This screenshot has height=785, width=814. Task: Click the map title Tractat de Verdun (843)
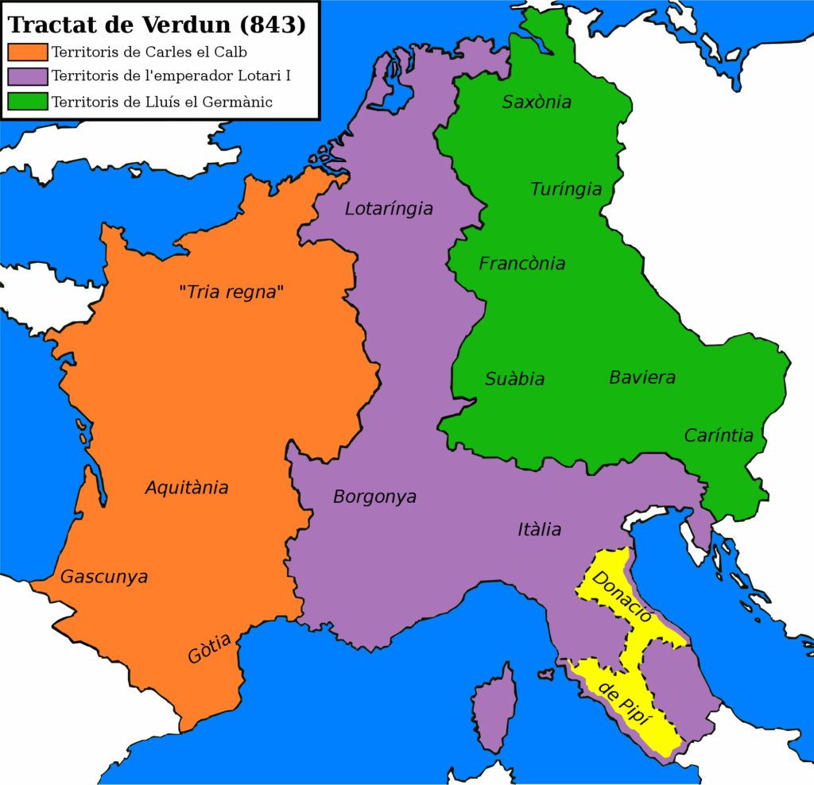(157, 24)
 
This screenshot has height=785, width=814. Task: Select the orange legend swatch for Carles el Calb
(28, 53)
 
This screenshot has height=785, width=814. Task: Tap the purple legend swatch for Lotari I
(28, 77)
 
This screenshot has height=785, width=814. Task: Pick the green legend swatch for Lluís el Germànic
(28, 102)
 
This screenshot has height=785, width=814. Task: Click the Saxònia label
(537, 102)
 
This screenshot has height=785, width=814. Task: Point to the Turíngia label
(566, 189)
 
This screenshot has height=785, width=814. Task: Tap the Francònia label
(522, 264)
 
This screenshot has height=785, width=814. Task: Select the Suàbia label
(515, 379)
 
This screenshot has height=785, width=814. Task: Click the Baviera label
(642, 377)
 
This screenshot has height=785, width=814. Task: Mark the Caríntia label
(719, 435)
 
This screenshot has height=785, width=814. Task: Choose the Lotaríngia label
(389, 209)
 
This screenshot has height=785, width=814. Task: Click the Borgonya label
(374, 497)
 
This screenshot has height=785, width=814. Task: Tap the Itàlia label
(539, 529)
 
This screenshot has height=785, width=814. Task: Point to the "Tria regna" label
(231, 292)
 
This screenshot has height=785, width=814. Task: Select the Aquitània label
(187, 488)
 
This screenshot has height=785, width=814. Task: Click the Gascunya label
(104, 577)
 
